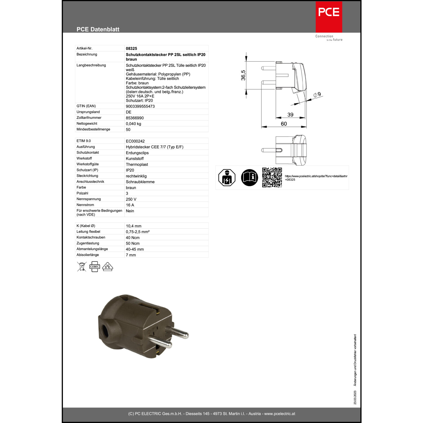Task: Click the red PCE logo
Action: [x=329, y=17]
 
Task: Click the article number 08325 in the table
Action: [x=131, y=49]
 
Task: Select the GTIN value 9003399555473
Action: [x=140, y=106]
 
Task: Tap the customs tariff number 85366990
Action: [x=135, y=118]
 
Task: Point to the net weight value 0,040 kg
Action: [x=133, y=124]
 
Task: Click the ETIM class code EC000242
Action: [x=135, y=141]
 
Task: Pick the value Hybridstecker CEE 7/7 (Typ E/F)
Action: [x=155, y=147]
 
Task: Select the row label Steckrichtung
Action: [x=87, y=176]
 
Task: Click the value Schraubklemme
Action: [x=140, y=182]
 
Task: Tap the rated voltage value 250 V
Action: [x=131, y=199]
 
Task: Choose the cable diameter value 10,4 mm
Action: [x=134, y=226]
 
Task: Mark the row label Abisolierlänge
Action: [x=88, y=255]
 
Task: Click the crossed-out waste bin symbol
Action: [x=82, y=266]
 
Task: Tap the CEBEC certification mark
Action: [x=95, y=266]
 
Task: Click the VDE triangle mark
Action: [x=107, y=267]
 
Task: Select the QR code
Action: [x=272, y=177]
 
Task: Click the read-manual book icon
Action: [x=250, y=178]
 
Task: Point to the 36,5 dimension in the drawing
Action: [x=243, y=75]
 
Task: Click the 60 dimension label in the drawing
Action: [x=284, y=124]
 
